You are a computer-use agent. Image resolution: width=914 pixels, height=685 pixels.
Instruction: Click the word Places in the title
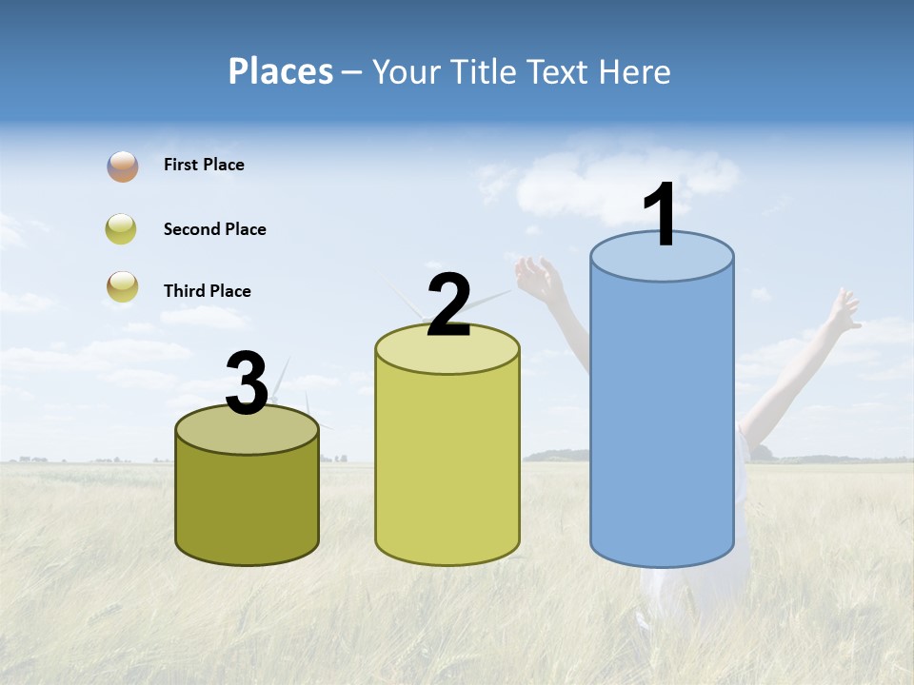tap(281, 71)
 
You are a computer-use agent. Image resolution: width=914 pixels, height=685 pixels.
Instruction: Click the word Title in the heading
tap(483, 71)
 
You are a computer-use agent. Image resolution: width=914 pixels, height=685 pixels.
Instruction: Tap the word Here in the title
tap(634, 71)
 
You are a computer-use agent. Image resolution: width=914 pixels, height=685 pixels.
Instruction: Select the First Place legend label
tap(204, 165)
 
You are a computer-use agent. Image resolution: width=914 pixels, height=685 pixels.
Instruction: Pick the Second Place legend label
tap(214, 229)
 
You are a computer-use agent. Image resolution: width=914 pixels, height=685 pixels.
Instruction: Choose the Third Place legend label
tap(207, 291)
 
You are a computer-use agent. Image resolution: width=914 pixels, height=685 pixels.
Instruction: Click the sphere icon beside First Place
tap(122, 166)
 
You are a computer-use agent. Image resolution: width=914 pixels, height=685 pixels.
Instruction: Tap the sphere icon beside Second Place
tap(122, 229)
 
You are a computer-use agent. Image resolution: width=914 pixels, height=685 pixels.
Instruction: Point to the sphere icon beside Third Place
tap(122, 286)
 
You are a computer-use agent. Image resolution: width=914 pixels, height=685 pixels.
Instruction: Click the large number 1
tap(660, 215)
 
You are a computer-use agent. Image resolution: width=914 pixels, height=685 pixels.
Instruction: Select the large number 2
tap(448, 305)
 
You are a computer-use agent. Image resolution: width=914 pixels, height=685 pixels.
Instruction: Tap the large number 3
tap(247, 384)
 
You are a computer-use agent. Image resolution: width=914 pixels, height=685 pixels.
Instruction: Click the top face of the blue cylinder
tap(662, 263)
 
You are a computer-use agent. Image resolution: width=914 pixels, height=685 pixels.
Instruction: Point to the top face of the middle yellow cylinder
tap(447, 354)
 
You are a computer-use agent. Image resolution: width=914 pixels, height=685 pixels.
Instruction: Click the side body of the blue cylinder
tap(662, 419)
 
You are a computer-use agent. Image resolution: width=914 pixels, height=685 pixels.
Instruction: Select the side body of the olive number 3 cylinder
tap(247, 504)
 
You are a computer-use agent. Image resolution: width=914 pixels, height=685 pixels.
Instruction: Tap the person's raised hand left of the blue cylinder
tap(536, 277)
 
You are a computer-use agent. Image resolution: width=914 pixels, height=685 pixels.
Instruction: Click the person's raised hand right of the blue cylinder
tap(842, 311)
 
